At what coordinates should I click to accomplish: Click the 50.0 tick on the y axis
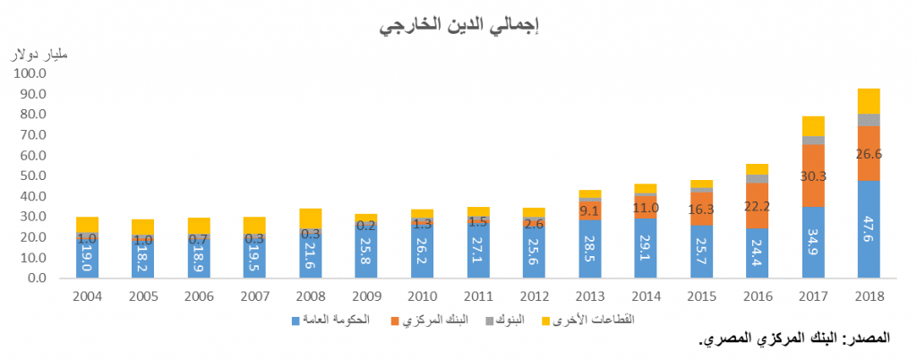33,176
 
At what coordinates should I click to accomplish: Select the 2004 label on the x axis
87,296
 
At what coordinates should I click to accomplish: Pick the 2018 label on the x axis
868,296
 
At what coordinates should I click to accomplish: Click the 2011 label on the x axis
477,296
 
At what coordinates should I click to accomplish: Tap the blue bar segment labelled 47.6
868,229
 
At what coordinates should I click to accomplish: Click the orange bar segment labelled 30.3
812,176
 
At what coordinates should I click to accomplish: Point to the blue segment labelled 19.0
87,258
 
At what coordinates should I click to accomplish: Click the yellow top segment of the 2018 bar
868,100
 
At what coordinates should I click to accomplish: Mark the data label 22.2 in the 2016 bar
757,205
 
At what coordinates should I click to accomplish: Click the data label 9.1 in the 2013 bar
589,210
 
